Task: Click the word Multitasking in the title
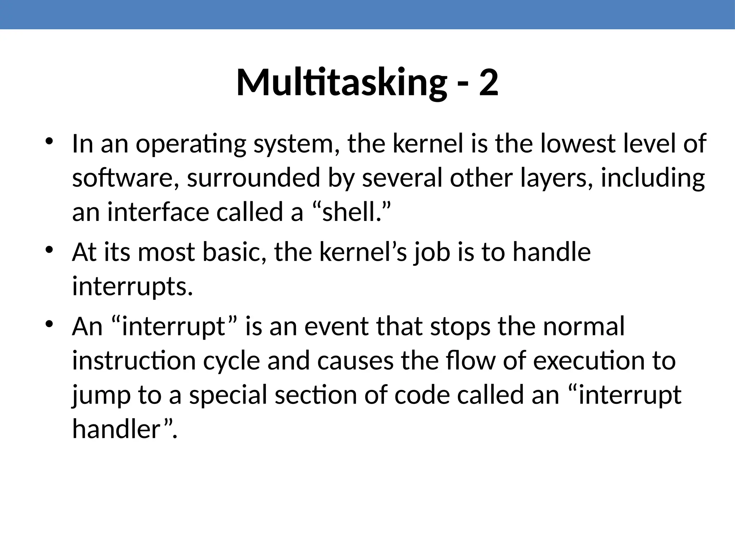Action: [341, 83]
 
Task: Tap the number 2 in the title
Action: [488, 83]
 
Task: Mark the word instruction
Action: [134, 361]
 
